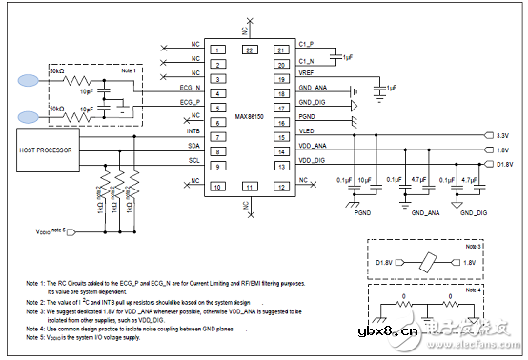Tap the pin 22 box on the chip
(249, 49)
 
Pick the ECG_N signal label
(188, 87)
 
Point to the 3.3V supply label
(504, 136)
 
